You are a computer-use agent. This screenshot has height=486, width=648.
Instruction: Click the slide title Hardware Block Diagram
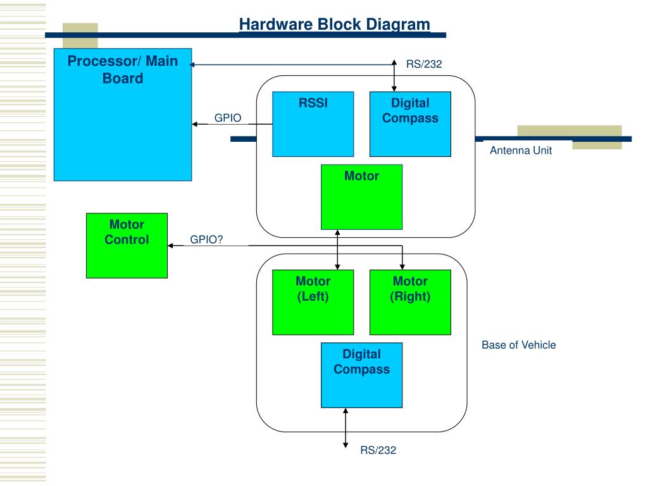334,24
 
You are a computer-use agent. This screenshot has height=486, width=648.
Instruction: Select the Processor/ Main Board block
123,115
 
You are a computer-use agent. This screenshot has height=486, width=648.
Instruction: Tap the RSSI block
313,124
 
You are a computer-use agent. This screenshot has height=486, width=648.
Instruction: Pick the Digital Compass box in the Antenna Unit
410,124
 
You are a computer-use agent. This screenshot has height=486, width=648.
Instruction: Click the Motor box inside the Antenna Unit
361,197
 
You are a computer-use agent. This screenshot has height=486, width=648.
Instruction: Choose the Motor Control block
127,246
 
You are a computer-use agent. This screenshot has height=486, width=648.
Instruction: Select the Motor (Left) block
313,302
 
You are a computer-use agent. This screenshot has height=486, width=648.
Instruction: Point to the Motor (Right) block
410,302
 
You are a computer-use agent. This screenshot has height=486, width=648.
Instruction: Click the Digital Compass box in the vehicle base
361,375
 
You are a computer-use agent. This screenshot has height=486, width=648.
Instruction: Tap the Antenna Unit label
521,151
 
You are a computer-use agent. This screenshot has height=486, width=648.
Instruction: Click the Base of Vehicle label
519,345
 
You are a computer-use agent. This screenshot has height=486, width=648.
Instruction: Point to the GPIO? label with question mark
206,240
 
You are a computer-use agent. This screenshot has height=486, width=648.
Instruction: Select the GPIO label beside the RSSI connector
228,118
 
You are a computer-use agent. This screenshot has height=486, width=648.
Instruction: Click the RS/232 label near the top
424,65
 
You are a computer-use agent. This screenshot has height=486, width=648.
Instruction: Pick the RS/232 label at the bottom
378,451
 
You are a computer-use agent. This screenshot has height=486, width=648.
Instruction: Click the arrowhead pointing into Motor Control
170,246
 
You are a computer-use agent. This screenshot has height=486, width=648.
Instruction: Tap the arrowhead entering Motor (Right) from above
402,267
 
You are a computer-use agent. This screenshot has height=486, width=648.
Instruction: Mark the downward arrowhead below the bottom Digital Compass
346,445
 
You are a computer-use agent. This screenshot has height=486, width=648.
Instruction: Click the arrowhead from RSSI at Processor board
195,124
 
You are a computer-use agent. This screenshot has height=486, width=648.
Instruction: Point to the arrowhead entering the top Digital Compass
394,89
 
